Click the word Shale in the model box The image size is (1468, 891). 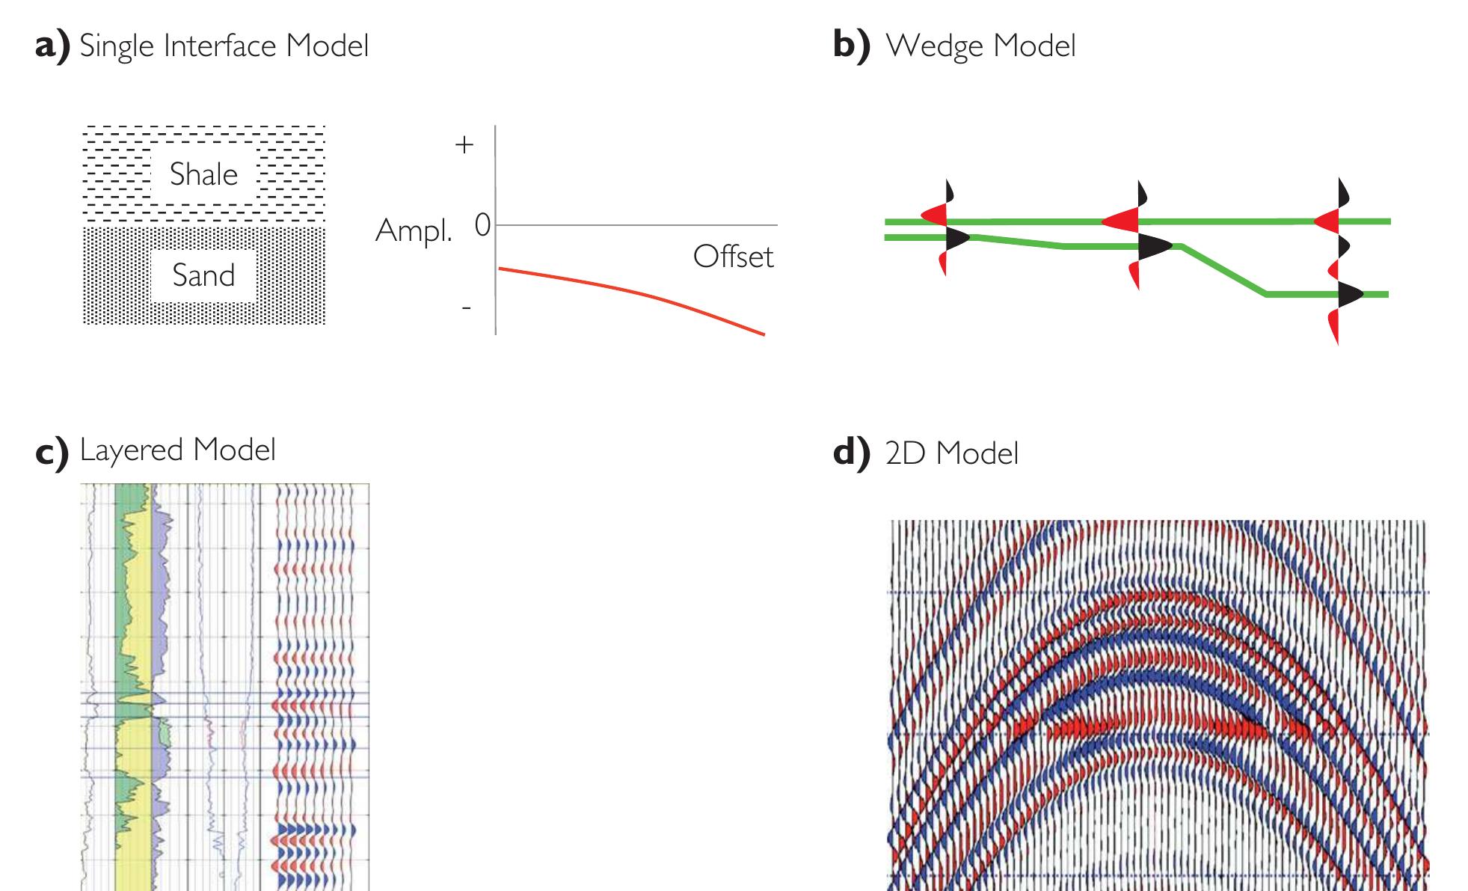click(x=203, y=174)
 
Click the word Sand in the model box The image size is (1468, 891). click(x=203, y=275)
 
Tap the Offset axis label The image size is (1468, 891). click(x=733, y=257)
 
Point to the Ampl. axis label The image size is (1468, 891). click(x=414, y=230)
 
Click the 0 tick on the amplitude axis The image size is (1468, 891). click(x=482, y=225)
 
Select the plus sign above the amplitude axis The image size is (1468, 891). click(x=464, y=144)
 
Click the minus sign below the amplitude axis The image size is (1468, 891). click(x=466, y=307)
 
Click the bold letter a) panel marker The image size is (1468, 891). click(x=52, y=46)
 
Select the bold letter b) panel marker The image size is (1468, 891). click(x=852, y=46)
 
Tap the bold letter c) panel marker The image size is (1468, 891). click(x=52, y=451)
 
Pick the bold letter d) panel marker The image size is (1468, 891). click(x=852, y=453)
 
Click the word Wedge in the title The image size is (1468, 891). click(x=934, y=46)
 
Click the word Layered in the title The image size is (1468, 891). click(x=132, y=450)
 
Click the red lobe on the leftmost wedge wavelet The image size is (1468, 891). click(x=935, y=217)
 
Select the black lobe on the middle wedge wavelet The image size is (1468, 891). click(x=1152, y=246)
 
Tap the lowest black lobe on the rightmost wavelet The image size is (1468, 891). click(x=1349, y=295)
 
